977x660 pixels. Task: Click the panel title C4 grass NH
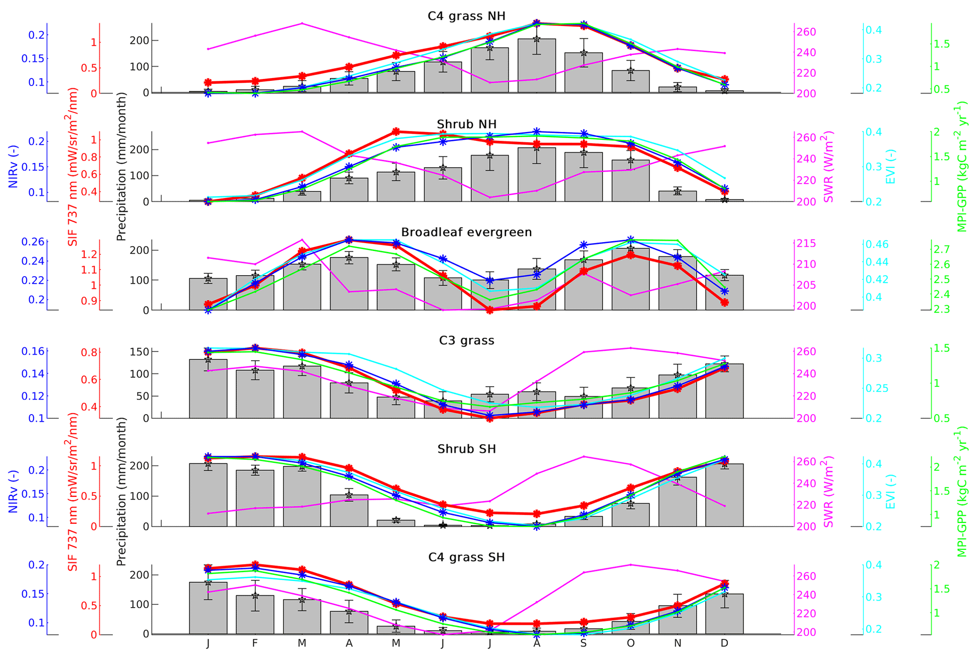point(466,16)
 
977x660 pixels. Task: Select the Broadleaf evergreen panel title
point(466,232)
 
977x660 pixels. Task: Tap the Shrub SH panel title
point(466,449)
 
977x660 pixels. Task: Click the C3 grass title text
point(466,340)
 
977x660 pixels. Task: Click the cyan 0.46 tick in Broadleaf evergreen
point(876,244)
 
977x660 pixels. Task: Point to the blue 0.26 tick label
point(33,242)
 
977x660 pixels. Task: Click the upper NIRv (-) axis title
point(13,167)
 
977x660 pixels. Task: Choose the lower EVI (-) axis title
point(890,492)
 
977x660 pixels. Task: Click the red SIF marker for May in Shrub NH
point(396,131)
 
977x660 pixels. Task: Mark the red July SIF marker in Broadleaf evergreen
point(490,310)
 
